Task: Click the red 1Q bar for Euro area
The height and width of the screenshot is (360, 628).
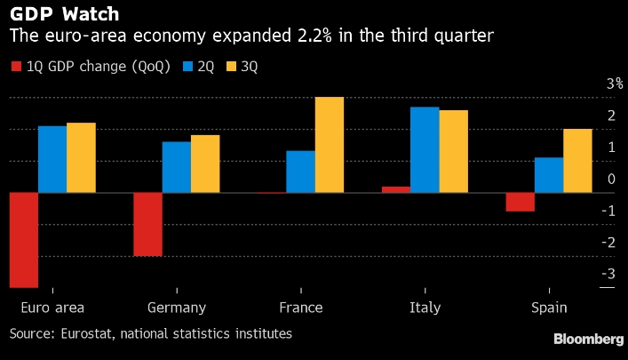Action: [24, 240]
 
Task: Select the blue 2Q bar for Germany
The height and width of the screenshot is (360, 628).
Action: [176, 167]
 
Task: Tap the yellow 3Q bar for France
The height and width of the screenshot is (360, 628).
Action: [330, 145]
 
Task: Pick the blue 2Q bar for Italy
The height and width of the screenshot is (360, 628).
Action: [425, 149]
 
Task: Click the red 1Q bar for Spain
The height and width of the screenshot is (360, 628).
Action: [521, 202]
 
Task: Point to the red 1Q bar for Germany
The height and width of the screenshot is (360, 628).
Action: [147, 224]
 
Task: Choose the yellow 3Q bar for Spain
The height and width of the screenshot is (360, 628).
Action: [577, 161]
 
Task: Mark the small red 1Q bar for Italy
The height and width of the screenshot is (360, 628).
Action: [396, 189]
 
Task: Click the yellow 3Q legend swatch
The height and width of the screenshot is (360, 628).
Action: [235, 67]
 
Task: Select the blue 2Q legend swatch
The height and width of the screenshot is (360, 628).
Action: [188, 67]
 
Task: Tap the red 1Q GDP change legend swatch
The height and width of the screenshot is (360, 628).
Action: [15, 67]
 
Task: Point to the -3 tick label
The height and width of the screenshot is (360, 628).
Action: [608, 274]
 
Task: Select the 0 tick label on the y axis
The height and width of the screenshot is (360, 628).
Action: [611, 180]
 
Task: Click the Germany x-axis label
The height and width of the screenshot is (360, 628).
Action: [176, 308]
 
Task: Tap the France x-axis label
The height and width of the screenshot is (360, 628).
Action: [300, 308]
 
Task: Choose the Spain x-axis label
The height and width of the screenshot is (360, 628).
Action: [549, 308]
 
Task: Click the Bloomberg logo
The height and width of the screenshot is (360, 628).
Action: [588, 340]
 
